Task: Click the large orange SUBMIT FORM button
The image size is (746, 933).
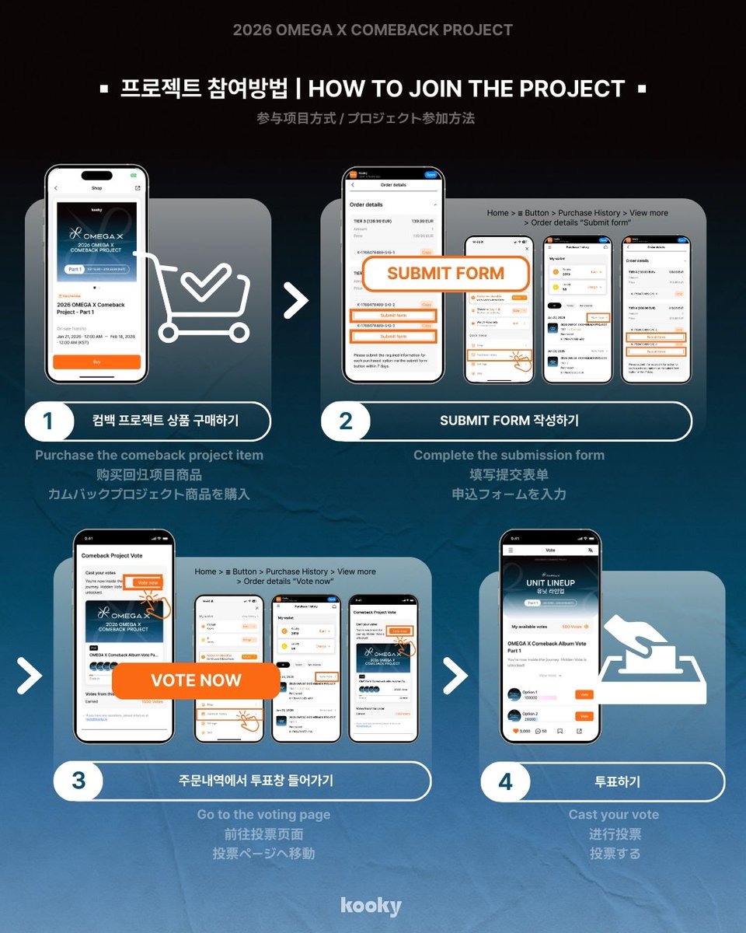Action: pyautogui.click(x=445, y=274)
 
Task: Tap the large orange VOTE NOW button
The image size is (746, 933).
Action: pyautogui.click(x=196, y=680)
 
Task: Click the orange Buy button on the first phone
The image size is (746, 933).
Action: pyautogui.click(x=96, y=362)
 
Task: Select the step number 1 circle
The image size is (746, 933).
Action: pyautogui.click(x=48, y=421)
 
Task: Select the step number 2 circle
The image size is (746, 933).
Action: pyautogui.click(x=345, y=421)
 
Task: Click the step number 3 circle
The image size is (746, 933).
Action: pyautogui.click(x=78, y=781)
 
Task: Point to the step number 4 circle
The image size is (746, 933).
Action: pyautogui.click(x=505, y=781)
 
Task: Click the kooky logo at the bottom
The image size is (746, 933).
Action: pyautogui.click(x=371, y=906)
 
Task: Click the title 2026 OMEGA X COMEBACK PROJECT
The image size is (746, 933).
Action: pyautogui.click(x=373, y=30)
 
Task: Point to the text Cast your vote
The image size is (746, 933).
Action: pyautogui.click(x=613, y=815)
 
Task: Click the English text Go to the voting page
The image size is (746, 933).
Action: pyautogui.click(x=263, y=815)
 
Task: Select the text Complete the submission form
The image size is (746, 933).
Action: pyautogui.click(x=508, y=455)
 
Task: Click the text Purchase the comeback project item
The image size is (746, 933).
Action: pyautogui.click(x=149, y=455)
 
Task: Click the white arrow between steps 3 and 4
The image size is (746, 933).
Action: pyautogui.click(x=455, y=676)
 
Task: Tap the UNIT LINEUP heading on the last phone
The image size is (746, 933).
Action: pyautogui.click(x=550, y=582)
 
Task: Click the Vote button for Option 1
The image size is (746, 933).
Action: pyautogui.click(x=584, y=694)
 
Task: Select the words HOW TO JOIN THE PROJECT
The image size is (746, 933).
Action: pyautogui.click(x=466, y=89)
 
